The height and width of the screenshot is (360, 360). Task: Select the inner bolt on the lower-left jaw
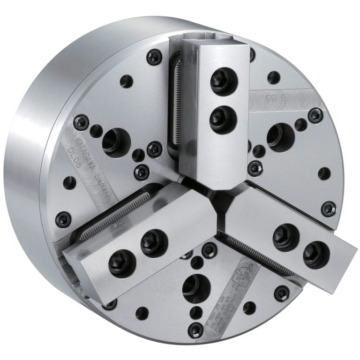point(154,242)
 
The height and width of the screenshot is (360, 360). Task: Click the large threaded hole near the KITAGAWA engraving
point(115,142)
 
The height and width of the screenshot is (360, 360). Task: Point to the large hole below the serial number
point(280,137)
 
